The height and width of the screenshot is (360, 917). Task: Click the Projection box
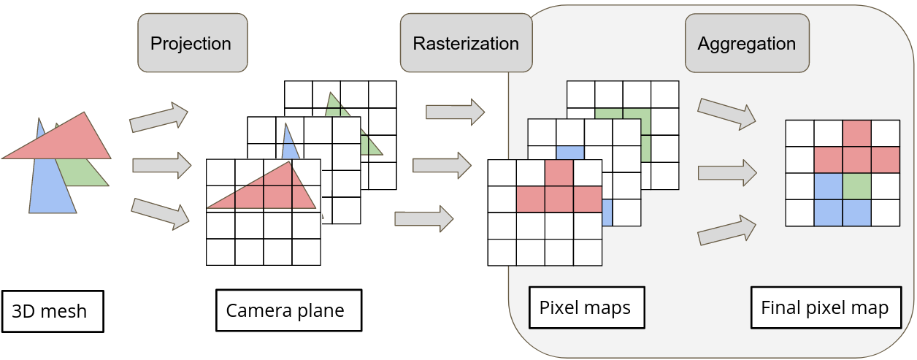coord(191,43)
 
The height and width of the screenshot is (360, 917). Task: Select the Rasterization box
coord(466,43)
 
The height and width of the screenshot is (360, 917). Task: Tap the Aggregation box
coord(746,43)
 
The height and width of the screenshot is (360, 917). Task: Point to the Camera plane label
coord(288,310)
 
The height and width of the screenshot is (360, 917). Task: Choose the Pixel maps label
coord(586,307)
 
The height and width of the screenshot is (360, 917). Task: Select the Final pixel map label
coord(825,307)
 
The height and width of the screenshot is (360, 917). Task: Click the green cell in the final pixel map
coord(857,186)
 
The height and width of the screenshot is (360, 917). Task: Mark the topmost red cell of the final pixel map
coord(857,134)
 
